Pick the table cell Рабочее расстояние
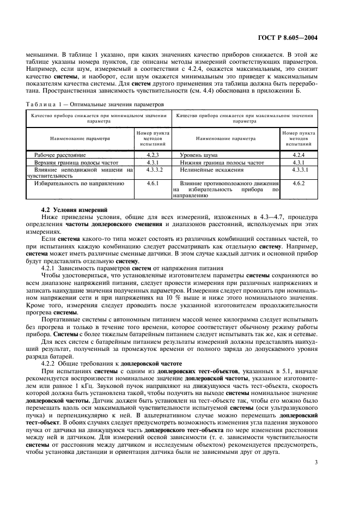tap(56, 155)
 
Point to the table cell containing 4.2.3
tap(152, 155)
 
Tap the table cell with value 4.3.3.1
tap(299, 169)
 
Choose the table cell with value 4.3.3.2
tap(152, 169)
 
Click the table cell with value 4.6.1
tap(152, 184)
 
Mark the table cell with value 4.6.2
tap(299, 184)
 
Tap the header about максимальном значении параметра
tap(245, 119)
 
